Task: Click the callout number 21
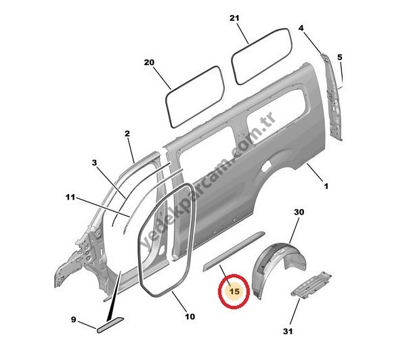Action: click(x=234, y=18)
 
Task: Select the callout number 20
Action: click(x=149, y=63)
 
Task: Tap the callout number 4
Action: click(x=301, y=28)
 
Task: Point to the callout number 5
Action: click(x=340, y=57)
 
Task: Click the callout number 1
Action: click(x=326, y=186)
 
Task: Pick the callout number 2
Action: click(x=127, y=134)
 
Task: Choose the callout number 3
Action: click(x=95, y=163)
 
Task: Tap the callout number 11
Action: click(x=70, y=197)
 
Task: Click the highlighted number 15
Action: click(x=234, y=292)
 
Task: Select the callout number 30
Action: click(x=299, y=212)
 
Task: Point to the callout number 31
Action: click(x=288, y=332)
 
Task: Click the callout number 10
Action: click(x=190, y=316)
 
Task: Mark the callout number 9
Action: click(x=74, y=319)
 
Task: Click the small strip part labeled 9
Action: click(x=110, y=325)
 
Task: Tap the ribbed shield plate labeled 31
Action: click(x=311, y=286)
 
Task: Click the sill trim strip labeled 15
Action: click(x=233, y=251)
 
